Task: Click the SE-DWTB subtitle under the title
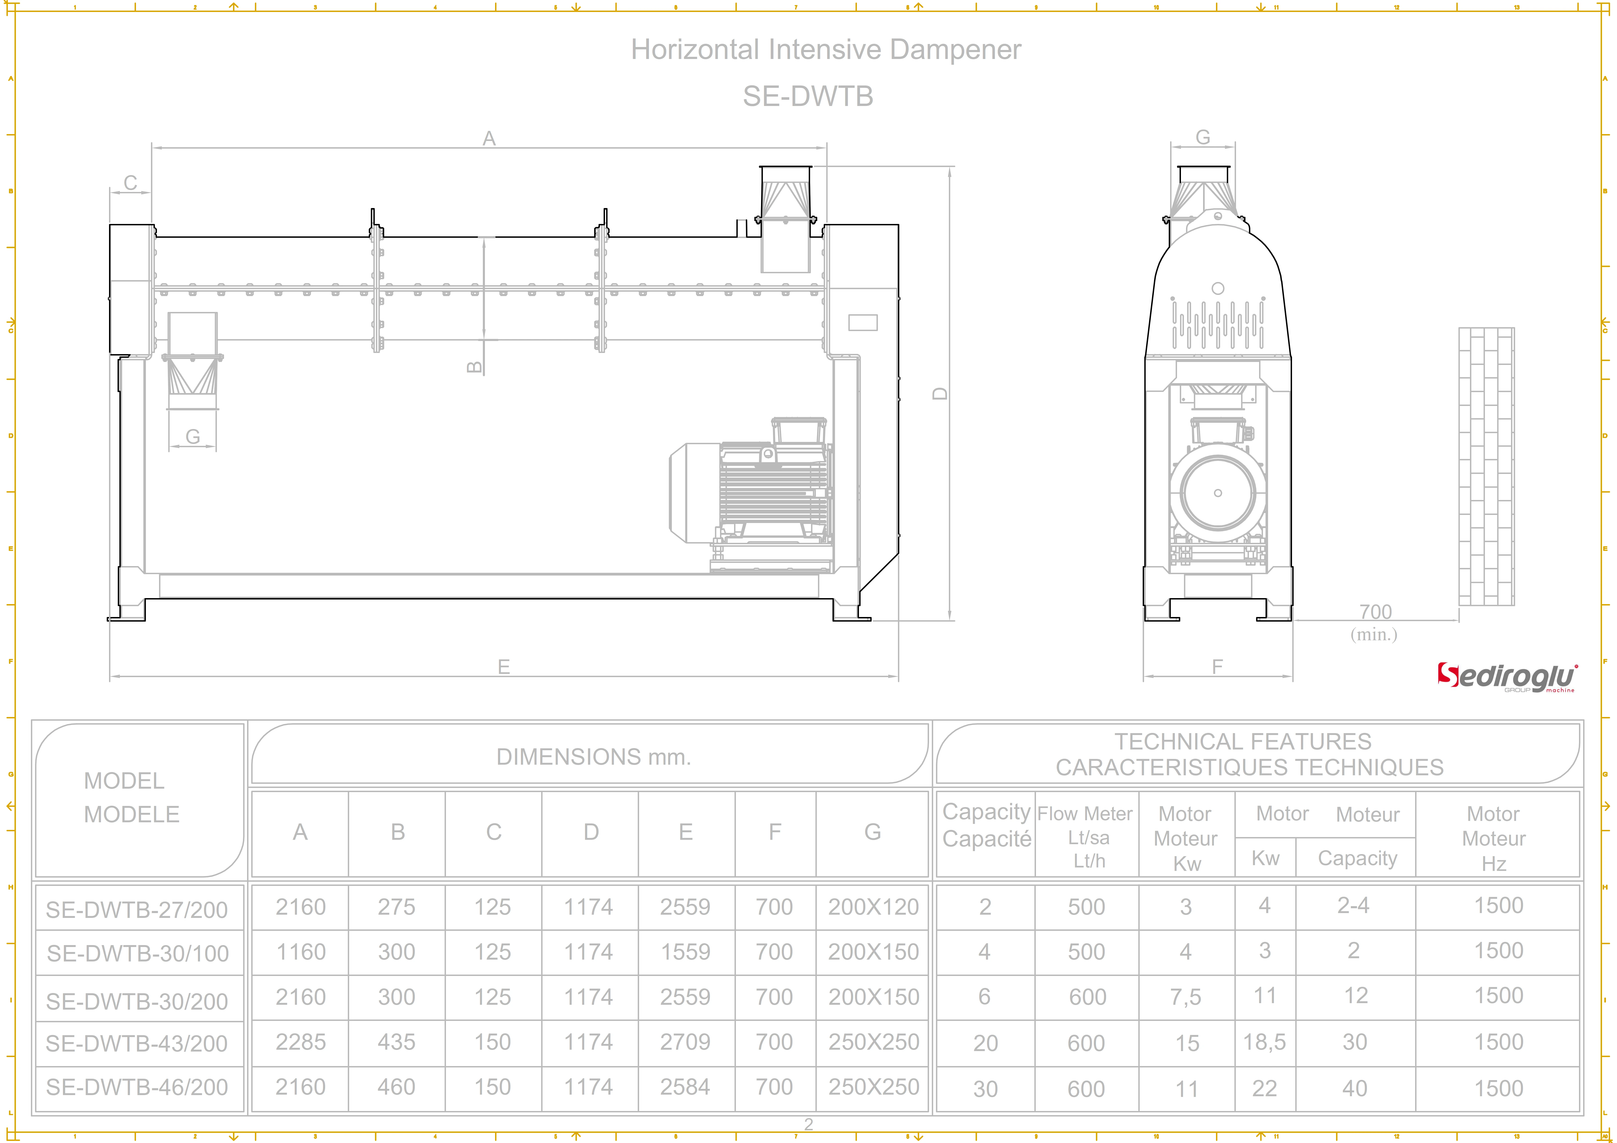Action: [x=808, y=97]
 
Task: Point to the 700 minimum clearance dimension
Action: [x=1375, y=612]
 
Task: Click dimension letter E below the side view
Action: [x=504, y=667]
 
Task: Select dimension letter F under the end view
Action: [x=1217, y=667]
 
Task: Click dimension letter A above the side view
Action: [x=489, y=139]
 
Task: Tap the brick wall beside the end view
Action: [x=1486, y=466]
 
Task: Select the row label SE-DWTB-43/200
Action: [x=137, y=1043]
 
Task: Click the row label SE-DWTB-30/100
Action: [x=138, y=953]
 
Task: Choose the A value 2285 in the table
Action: [x=301, y=1042]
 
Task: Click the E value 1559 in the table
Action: [x=685, y=952]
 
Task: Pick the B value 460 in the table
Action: [x=396, y=1087]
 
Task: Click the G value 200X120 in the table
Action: [x=873, y=906]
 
